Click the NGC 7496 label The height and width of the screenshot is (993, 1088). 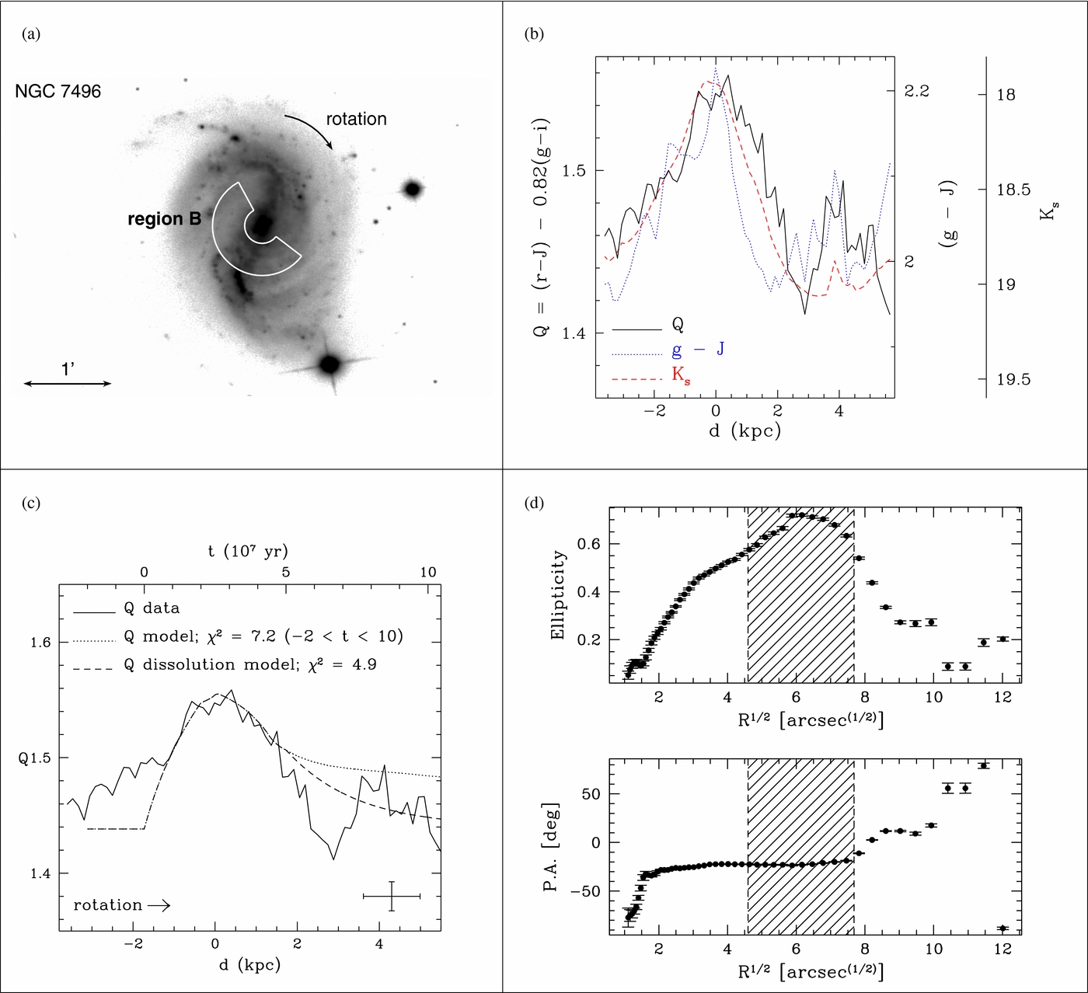(x=58, y=91)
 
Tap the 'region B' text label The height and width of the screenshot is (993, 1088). (x=164, y=219)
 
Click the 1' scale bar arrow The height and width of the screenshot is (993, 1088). (x=68, y=383)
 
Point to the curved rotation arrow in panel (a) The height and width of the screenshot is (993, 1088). (x=311, y=128)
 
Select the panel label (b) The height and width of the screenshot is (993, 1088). (x=534, y=34)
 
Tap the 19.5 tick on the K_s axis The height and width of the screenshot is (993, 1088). (x=1013, y=379)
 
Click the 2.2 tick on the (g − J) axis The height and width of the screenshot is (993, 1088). (x=916, y=91)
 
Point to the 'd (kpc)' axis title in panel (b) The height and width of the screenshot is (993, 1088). (x=745, y=431)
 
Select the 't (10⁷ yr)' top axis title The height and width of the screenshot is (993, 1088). (x=249, y=551)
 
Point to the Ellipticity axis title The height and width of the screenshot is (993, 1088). (x=558, y=595)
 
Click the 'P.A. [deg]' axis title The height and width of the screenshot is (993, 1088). (x=551, y=847)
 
